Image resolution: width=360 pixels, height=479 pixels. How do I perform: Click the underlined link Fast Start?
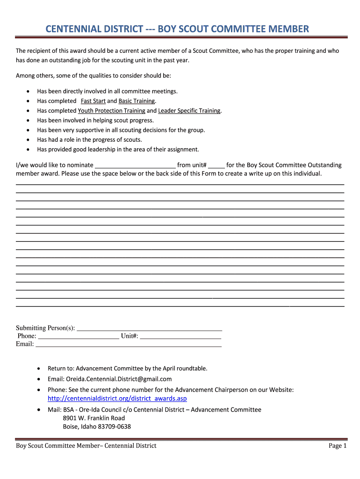point(93,101)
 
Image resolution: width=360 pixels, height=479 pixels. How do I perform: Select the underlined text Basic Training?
point(137,101)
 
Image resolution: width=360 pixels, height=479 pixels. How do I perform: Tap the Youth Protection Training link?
point(111,111)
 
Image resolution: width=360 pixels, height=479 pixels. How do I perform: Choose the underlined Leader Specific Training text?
point(189,111)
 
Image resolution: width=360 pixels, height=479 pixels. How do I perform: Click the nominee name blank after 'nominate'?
point(135,166)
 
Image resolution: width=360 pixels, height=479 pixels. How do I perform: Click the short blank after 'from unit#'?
point(216,166)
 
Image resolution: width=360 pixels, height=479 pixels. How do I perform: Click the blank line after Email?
point(128,344)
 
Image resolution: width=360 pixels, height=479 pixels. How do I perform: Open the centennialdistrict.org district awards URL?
point(117,399)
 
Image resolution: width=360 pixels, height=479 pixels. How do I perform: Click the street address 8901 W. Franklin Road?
point(94,418)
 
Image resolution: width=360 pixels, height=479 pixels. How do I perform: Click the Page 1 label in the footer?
point(338,446)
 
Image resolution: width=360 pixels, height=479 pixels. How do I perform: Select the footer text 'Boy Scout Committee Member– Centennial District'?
point(86,446)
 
